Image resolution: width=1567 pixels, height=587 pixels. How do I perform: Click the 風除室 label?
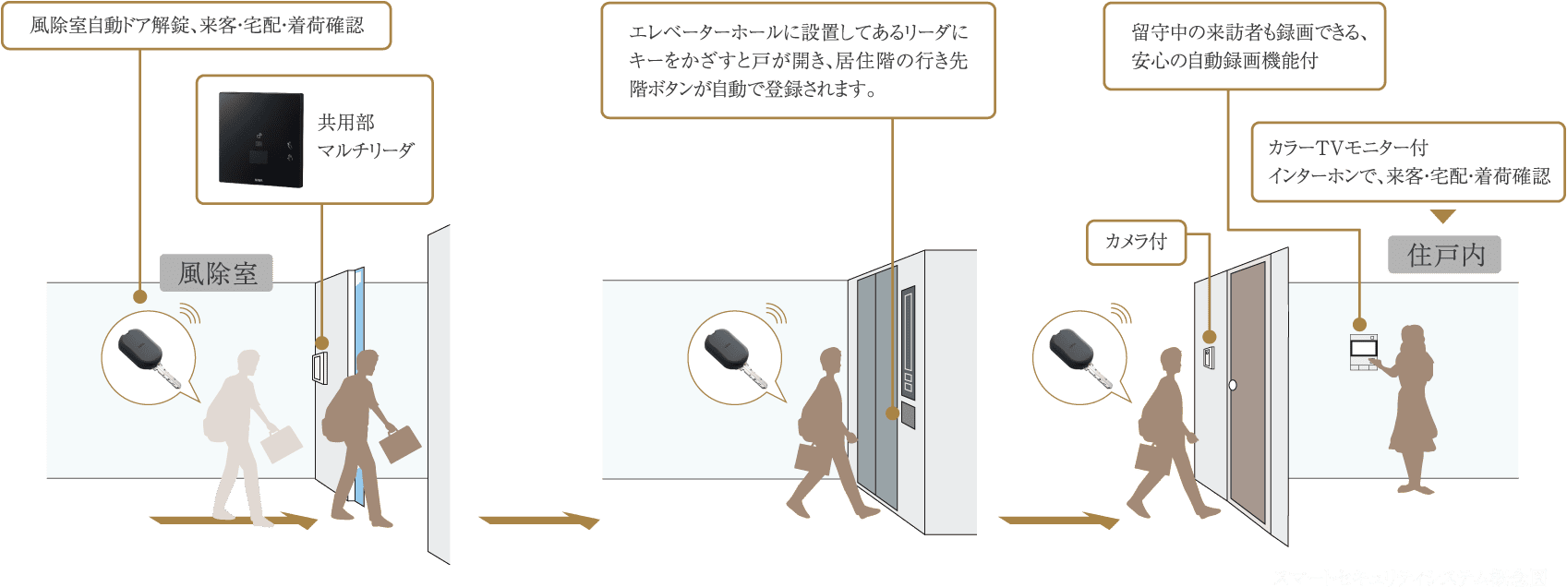coord(217,273)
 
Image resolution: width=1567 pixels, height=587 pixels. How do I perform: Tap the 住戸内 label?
coord(1444,255)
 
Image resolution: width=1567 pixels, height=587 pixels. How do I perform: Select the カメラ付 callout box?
coord(1136,242)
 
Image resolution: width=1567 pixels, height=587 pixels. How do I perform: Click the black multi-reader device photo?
coord(260,138)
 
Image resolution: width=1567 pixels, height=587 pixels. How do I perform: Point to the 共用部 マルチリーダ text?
coord(366,137)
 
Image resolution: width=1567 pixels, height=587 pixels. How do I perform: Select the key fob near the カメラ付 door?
coord(1074,355)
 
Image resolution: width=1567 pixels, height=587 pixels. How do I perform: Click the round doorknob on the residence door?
coord(1231,385)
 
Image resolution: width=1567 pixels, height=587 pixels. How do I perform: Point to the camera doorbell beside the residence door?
coord(1207,357)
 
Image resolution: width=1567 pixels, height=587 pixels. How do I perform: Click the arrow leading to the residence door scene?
coord(1058,521)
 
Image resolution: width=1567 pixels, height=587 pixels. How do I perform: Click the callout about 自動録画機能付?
coord(1244,46)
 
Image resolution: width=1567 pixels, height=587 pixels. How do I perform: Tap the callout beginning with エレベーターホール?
coord(798,61)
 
